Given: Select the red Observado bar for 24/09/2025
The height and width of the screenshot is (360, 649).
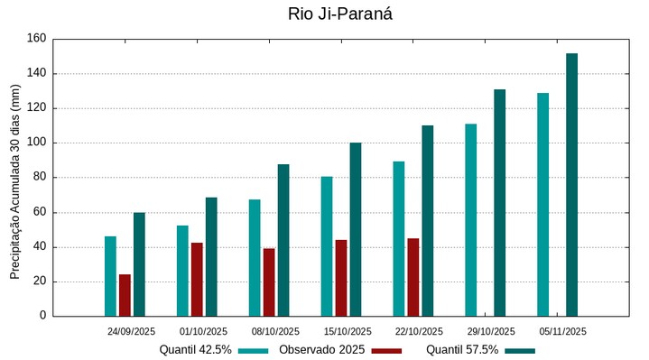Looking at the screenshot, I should [x=125, y=295].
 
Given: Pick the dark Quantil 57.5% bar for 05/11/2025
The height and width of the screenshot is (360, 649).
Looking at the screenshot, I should [x=571, y=185].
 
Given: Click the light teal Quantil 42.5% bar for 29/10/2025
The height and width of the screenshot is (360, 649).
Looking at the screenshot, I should [x=470, y=220].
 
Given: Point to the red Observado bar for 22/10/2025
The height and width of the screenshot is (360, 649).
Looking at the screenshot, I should [x=413, y=277].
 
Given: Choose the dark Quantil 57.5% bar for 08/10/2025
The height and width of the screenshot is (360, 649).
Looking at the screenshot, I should [x=283, y=240].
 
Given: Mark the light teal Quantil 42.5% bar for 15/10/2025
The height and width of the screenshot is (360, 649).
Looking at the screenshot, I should [x=327, y=246].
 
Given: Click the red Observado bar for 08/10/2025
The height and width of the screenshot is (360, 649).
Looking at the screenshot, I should [x=269, y=282].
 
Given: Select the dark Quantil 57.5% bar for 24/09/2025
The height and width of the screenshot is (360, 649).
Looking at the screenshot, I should [x=139, y=264].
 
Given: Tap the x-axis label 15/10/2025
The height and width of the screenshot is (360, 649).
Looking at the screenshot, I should [x=348, y=331].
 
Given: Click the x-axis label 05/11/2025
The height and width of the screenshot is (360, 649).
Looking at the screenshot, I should [x=563, y=331].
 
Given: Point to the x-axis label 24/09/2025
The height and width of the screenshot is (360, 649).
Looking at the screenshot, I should [x=132, y=331].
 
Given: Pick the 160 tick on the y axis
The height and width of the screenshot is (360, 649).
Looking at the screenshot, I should [x=36, y=39].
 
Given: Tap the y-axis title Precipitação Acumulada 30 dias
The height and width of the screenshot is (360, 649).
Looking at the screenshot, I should [x=14, y=180].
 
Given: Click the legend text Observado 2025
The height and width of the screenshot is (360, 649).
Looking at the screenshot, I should [x=321, y=350].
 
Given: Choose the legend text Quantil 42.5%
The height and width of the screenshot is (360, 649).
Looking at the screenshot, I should [x=195, y=350].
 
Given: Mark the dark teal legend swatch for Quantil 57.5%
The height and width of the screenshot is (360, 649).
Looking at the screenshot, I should [x=520, y=350].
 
